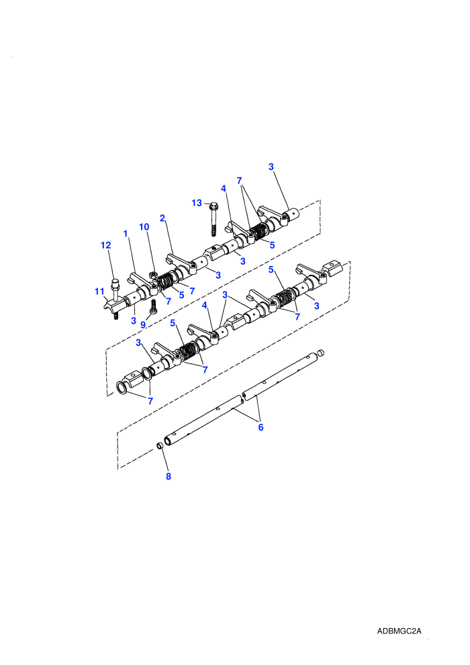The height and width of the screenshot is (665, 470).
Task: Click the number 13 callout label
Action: click(197, 203)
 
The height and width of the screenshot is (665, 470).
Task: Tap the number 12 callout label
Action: click(105, 245)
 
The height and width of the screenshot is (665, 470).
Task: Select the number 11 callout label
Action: click(99, 292)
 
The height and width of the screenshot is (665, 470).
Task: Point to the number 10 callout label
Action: click(144, 227)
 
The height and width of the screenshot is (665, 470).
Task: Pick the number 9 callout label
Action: click(143, 325)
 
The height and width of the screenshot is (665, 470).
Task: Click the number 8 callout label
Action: click(169, 476)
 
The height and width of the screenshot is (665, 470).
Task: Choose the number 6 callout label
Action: click(261, 427)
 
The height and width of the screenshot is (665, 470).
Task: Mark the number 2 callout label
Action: click(162, 218)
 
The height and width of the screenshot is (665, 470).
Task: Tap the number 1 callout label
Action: click(126, 234)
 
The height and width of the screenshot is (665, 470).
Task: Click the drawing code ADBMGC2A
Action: click(399, 631)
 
